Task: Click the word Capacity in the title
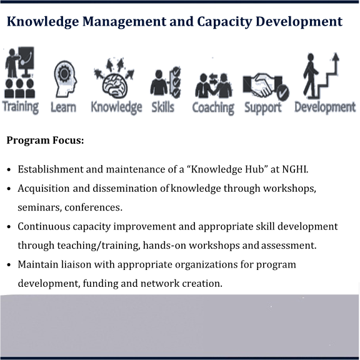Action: [x=224, y=22]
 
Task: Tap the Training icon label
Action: [x=21, y=107]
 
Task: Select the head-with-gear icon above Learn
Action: [x=65, y=79]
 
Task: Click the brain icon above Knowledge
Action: [x=114, y=78]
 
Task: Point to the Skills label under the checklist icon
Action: [x=162, y=107]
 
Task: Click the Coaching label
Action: [x=213, y=108]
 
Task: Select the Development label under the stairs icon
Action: [x=325, y=107]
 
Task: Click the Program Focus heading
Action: [x=45, y=140]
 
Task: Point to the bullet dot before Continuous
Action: [x=9, y=227]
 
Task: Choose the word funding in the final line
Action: [x=101, y=284]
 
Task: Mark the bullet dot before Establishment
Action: [x=9, y=170]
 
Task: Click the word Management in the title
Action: [x=124, y=22]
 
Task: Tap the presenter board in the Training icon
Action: [x=26, y=58]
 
